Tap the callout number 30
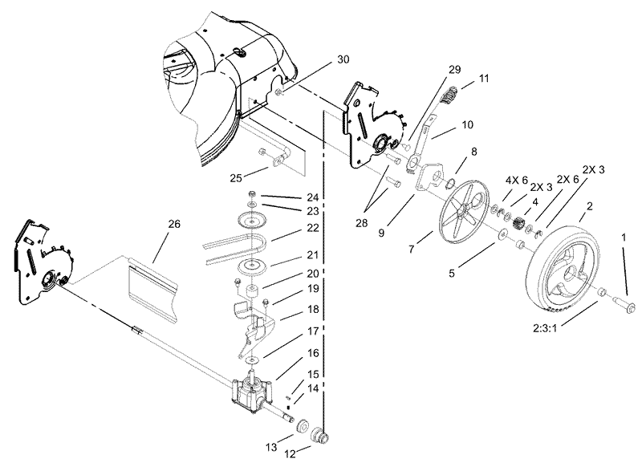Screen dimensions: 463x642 coord(343,60)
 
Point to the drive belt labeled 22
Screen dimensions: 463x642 coord(233,249)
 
